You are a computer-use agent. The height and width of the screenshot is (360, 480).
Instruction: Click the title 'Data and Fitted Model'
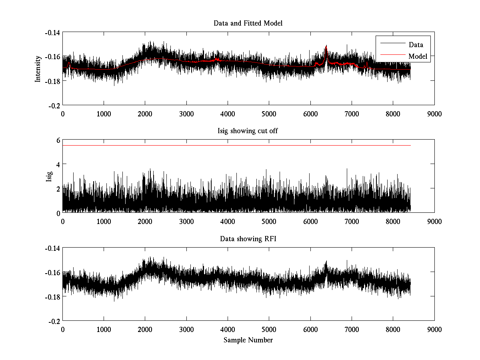point(248,23)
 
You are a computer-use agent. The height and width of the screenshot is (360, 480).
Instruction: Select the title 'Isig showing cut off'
point(248,131)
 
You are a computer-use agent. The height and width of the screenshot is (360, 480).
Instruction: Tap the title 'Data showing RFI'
point(248,239)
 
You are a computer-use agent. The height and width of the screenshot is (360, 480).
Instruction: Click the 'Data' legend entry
point(416,45)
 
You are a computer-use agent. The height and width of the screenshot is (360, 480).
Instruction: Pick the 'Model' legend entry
point(418,56)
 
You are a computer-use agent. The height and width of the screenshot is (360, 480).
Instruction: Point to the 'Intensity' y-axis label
point(38,68)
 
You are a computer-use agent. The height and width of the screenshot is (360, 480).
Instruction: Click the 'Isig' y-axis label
point(49,176)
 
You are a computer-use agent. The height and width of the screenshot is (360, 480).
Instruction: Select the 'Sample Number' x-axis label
point(248,340)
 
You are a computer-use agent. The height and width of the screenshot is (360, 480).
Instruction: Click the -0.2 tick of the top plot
point(54,105)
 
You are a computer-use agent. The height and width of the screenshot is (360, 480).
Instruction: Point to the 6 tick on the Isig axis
point(58,140)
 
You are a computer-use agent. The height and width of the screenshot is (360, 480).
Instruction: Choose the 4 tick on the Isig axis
point(58,164)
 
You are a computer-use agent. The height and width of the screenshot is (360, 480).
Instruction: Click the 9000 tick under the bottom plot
point(434,329)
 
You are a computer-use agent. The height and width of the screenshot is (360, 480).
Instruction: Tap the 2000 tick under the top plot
point(145,114)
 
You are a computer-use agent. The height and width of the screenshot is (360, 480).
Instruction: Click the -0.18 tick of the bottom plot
point(52,297)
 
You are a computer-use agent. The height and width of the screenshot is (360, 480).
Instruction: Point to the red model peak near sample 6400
point(326,46)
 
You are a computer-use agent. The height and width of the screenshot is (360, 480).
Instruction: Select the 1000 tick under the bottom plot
point(104,329)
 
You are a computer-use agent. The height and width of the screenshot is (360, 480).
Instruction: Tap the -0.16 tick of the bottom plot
point(52,272)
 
